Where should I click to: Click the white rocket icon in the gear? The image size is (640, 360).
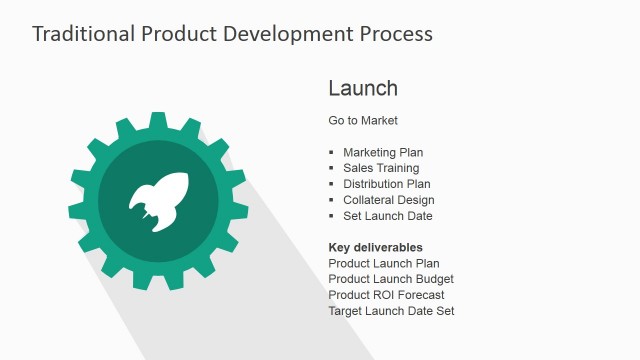[158, 199]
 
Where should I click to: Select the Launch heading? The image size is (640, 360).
[363, 88]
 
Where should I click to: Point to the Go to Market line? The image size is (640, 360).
[363, 120]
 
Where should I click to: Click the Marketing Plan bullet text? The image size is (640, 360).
[383, 152]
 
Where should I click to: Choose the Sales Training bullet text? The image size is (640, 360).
[381, 168]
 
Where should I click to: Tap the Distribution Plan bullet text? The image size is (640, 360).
[387, 184]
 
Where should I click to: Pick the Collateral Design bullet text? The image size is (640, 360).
[388, 200]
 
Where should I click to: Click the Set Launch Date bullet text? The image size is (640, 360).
[387, 216]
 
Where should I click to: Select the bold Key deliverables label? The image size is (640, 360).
[375, 247]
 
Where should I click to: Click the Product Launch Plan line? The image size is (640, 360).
[384, 263]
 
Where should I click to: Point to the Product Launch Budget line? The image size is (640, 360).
[391, 279]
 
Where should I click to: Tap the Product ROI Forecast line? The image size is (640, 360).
[386, 295]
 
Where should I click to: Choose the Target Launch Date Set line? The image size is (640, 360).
[391, 311]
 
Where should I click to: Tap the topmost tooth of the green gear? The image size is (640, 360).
[158, 120]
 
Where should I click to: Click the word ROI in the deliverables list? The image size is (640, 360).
[383, 295]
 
